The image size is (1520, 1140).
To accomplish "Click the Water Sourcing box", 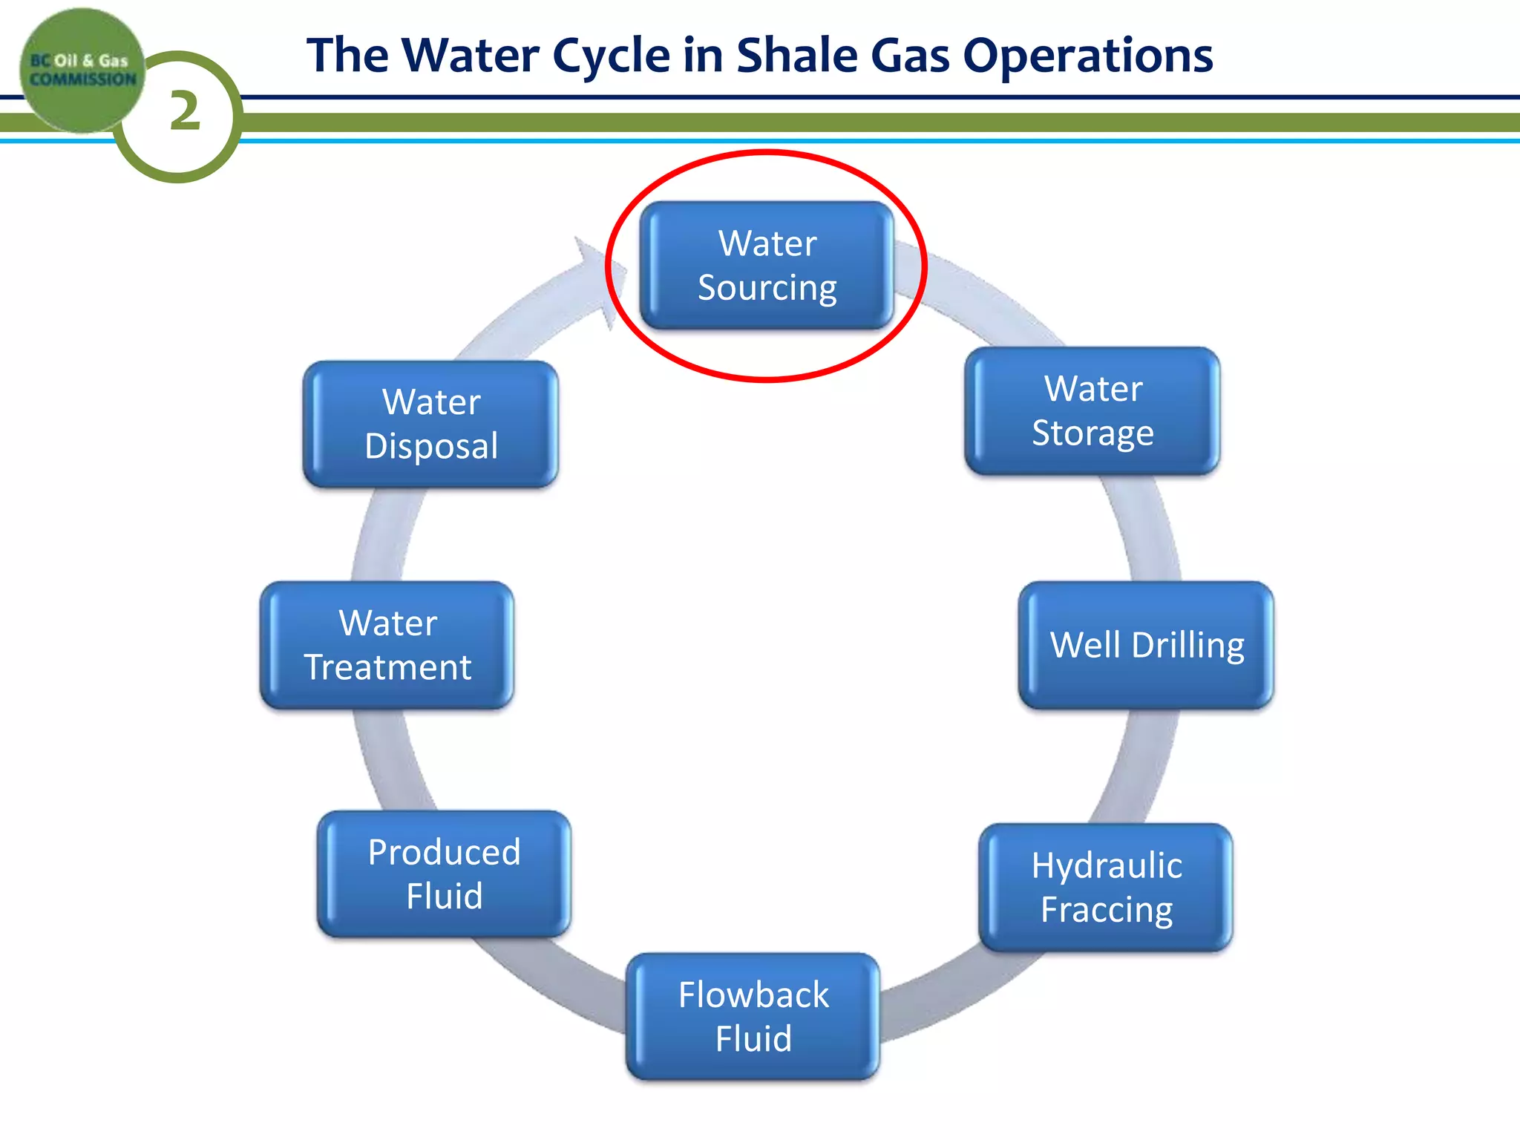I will click(x=767, y=265).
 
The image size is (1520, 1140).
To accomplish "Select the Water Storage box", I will click(x=1092, y=410).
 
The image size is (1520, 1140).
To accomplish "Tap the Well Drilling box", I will click(x=1146, y=645).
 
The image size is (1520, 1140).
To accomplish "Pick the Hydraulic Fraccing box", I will click(x=1106, y=887).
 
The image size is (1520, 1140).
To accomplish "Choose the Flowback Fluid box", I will click(x=753, y=1016).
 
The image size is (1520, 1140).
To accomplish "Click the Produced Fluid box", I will click(x=444, y=874).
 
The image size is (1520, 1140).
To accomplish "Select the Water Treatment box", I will click(x=387, y=645).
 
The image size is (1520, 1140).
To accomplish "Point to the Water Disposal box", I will click(x=431, y=424).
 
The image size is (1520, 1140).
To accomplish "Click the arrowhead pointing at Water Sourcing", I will click(x=597, y=278).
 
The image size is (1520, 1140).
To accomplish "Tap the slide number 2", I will click(x=185, y=111).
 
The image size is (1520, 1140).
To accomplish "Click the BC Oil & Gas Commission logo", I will click(x=82, y=70).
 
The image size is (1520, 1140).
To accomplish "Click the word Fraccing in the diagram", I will click(x=1107, y=910).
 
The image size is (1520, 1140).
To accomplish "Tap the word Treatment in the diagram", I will click(x=387, y=666).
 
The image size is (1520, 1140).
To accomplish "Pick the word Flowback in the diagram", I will click(x=753, y=995).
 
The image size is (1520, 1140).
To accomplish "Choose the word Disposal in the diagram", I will click(x=431, y=446).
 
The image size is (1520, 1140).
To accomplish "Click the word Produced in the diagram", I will click(x=444, y=852).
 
